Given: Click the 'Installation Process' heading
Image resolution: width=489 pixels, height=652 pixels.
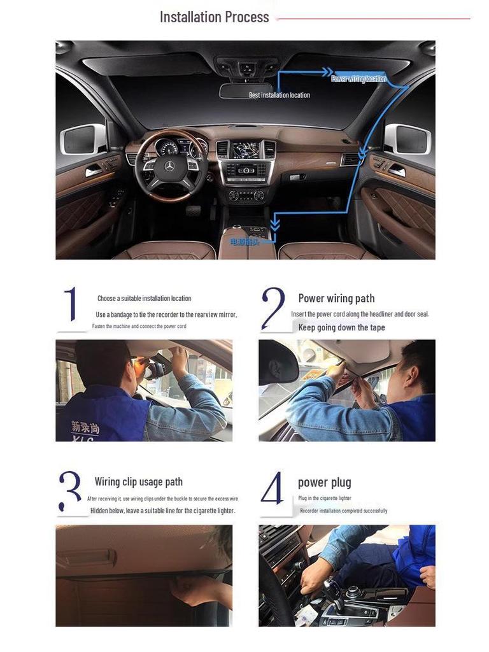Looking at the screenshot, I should [x=214, y=17].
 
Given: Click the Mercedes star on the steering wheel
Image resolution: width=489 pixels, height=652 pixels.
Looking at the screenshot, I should [x=169, y=166].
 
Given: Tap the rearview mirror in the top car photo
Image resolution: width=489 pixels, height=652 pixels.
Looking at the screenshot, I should [x=245, y=90].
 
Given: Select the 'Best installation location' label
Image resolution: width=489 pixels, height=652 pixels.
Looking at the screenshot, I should [x=279, y=96].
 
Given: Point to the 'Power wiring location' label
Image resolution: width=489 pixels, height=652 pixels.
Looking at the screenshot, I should [x=358, y=79].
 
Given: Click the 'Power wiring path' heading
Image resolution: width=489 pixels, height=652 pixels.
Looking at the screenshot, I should [x=336, y=298].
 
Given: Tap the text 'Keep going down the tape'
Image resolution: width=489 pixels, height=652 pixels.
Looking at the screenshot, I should [x=341, y=327].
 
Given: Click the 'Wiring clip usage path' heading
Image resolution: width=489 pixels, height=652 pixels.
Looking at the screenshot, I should [x=138, y=482].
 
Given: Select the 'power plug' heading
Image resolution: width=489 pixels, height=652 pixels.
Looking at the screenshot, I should [x=324, y=482].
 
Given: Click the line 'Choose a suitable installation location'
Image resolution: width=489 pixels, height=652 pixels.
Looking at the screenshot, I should [x=144, y=298].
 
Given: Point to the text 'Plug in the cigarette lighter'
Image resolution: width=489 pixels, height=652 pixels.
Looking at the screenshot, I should [x=324, y=498].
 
